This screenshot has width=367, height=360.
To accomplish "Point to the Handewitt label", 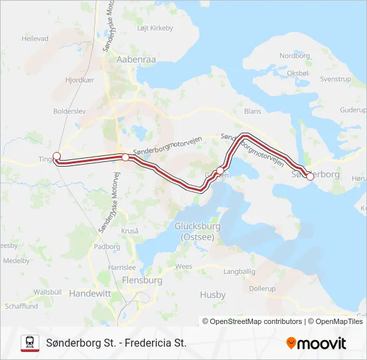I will (91, 293).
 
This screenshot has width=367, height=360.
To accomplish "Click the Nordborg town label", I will (296, 56).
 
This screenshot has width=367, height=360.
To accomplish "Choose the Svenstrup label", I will (335, 79).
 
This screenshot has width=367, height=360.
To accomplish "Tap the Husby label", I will (212, 294).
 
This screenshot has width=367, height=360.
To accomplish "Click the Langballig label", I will (240, 271).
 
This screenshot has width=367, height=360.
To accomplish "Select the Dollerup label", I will (262, 289).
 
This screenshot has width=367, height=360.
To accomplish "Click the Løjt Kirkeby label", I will (155, 28).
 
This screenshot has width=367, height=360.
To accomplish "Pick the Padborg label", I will (107, 246).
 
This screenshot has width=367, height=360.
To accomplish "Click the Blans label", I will (253, 111).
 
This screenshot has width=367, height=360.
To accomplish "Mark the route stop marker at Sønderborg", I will (310, 177).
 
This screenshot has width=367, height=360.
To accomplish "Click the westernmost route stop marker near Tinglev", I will (56, 156).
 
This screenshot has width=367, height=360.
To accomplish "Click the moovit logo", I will (316, 343).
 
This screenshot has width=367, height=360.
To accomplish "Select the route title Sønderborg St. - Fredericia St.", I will (116, 343).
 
